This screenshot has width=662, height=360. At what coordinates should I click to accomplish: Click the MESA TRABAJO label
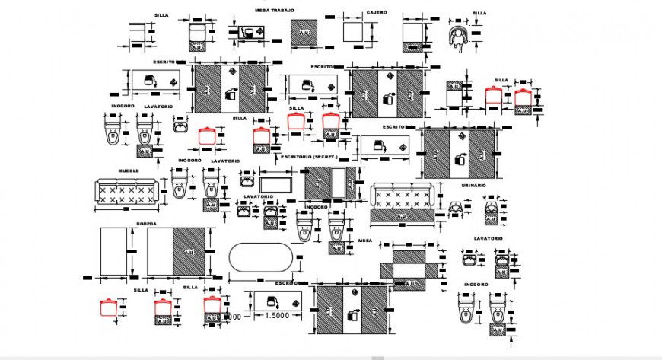274,11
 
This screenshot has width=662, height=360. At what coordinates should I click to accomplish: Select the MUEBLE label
128,171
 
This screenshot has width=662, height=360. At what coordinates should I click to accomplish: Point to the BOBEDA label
146,224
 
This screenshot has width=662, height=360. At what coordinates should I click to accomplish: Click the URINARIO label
474,186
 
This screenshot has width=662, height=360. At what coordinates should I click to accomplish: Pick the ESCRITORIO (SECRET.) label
309,157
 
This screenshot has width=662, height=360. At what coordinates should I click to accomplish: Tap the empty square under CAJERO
355,33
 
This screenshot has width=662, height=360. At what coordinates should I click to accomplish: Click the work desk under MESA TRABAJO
250,33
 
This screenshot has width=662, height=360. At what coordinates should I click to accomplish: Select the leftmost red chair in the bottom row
109,307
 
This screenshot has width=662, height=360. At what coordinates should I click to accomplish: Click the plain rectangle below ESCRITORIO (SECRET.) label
276,184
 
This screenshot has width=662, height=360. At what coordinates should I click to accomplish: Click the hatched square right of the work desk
304,33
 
